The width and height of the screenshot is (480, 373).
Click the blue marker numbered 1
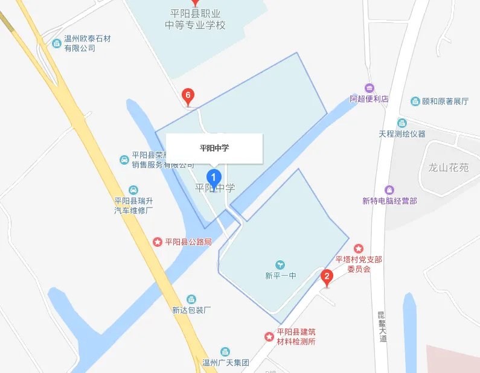(214, 177)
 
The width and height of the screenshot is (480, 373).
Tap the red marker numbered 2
(327, 278)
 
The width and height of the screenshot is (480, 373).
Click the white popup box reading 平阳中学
(214, 148)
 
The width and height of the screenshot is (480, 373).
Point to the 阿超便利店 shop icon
(370, 88)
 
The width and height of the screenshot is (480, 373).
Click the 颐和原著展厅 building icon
(415, 101)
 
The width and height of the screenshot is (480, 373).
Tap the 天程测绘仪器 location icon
(402, 123)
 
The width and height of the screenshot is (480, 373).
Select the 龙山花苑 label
(448, 167)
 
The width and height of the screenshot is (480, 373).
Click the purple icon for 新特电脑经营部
(389, 190)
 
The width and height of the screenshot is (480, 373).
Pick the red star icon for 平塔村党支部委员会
(359, 248)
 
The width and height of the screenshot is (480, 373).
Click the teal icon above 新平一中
(280, 264)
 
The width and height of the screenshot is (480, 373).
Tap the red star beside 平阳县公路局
(158, 242)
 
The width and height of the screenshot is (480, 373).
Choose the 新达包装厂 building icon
(191, 299)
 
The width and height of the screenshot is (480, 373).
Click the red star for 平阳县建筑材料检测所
(269, 336)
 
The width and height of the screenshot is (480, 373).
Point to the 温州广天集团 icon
(225, 352)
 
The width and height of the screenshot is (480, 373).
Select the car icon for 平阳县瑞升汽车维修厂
(133, 190)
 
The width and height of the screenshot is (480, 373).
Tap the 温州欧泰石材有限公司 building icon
(57, 43)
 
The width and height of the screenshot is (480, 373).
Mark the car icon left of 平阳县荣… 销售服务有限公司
(124, 160)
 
